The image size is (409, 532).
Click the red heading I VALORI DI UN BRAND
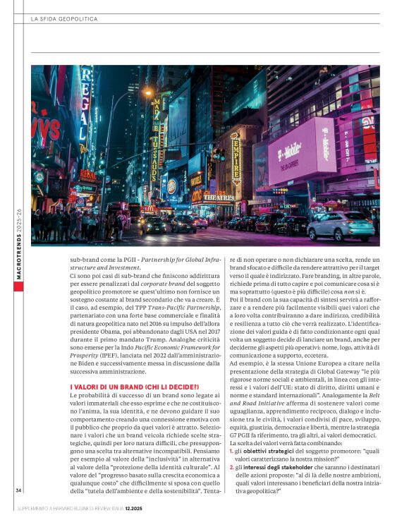(134, 388)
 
